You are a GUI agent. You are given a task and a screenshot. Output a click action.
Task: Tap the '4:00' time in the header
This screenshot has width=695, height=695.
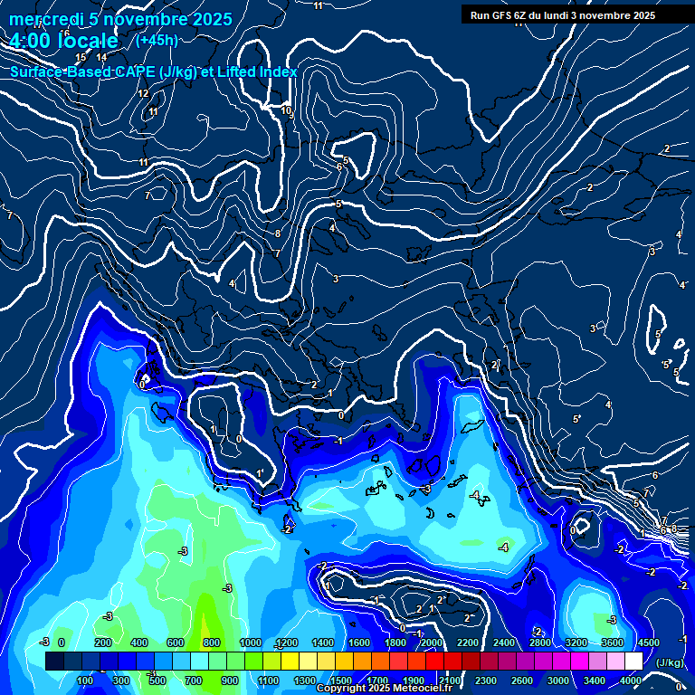[x=32, y=41]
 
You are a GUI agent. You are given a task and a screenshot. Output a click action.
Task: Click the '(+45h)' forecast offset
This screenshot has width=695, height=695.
[x=156, y=41]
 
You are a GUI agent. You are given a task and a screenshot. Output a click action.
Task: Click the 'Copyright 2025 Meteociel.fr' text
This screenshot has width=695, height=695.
[x=384, y=689]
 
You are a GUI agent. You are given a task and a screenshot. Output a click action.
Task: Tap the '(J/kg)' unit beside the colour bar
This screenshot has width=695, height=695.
[x=669, y=662]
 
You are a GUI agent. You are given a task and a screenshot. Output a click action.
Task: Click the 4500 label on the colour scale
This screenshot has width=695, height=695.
[x=648, y=643]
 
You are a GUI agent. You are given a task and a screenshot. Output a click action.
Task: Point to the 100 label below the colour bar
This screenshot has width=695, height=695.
[x=85, y=681]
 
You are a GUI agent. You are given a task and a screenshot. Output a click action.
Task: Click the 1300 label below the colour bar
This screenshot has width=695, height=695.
[x=304, y=681]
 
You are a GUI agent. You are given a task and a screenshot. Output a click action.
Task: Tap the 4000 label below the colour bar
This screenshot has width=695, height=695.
[x=631, y=681]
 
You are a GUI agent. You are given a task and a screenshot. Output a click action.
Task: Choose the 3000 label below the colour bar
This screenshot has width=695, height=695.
[x=558, y=681]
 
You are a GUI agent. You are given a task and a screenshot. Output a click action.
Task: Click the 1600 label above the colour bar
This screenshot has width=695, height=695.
[x=359, y=643]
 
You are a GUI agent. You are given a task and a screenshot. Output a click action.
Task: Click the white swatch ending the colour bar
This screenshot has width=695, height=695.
[x=633, y=662]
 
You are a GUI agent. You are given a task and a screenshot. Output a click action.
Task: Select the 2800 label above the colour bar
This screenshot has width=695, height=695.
[x=540, y=643]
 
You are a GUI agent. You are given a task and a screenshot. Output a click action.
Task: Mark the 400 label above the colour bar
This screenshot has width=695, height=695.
[x=139, y=643]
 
